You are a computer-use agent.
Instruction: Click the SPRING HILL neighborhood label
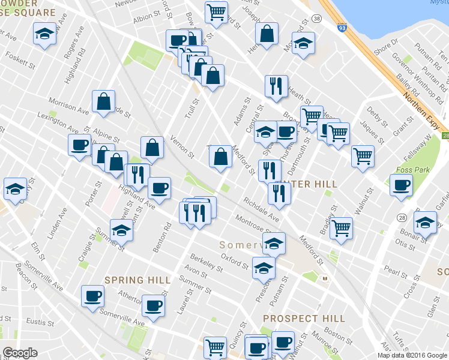(x=133, y=280)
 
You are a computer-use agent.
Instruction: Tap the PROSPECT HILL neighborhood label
(x=304, y=319)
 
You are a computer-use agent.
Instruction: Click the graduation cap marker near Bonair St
(x=426, y=223)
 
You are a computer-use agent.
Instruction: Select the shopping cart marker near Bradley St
(x=341, y=228)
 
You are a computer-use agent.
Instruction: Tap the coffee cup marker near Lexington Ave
(x=80, y=145)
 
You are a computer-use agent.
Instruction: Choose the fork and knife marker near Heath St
(x=276, y=85)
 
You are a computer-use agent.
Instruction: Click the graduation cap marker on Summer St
(x=121, y=230)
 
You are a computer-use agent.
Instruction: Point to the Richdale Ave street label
(x=261, y=209)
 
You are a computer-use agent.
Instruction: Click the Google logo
(x=20, y=353)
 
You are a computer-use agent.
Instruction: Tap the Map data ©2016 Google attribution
(x=412, y=355)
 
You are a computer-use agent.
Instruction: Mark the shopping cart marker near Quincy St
(x=215, y=347)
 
